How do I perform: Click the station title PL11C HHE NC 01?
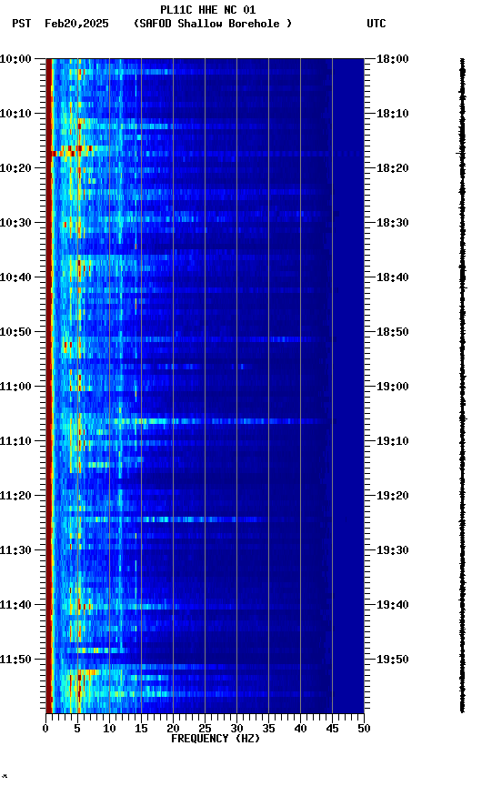click(207, 10)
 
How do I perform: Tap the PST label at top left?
click(22, 24)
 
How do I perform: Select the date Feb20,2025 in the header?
click(76, 24)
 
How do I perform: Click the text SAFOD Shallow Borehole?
click(213, 24)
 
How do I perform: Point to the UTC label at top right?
click(376, 24)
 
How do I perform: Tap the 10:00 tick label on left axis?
click(16, 59)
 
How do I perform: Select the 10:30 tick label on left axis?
click(16, 223)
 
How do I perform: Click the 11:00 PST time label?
click(16, 387)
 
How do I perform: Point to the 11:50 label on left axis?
click(16, 660)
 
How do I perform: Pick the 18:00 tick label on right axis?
click(394, 59)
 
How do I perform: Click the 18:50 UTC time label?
click(394, 332)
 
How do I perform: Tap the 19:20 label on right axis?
click(394, 496)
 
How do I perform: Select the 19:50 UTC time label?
click(394, 660)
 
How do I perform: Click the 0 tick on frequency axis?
click(45, 729)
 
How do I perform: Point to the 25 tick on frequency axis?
click(205, 729)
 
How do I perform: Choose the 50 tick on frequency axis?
click(363, 729)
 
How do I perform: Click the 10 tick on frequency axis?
click(109, 729)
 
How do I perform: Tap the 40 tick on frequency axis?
click(300, 729)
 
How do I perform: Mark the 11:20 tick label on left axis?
click(16, 496)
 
